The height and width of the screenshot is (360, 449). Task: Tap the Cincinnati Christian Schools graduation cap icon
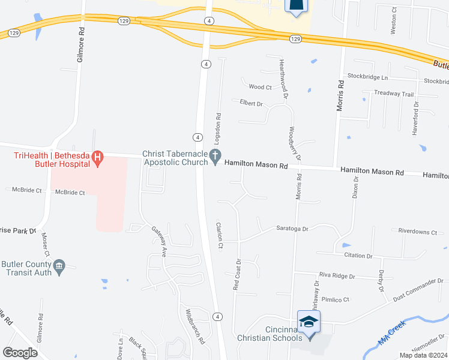(309, 323)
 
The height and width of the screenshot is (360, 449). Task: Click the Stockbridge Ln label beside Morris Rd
(367, 78)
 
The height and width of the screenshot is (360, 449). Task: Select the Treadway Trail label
(394, 94)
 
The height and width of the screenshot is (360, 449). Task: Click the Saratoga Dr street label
(292, 229)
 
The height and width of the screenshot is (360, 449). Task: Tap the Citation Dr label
(358, 256)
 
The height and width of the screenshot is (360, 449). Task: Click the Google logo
(20, 353)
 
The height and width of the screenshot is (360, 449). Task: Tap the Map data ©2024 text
(423, 355)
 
